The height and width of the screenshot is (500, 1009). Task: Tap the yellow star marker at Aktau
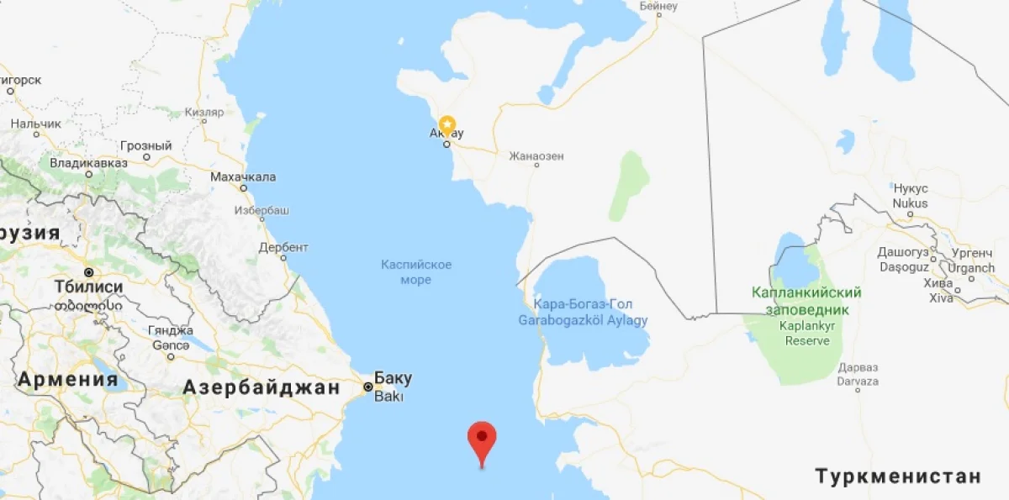pos(446,124)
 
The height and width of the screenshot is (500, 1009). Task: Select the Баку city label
pos(393,377)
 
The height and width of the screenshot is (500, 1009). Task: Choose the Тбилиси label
pos(88,287)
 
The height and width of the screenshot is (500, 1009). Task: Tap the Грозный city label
pos(145,145)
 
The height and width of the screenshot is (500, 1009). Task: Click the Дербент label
pos(283,247)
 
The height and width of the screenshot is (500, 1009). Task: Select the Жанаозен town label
pos(536,156)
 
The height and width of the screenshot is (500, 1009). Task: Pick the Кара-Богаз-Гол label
pos(583,303)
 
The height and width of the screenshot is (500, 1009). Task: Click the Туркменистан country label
pos(898,476)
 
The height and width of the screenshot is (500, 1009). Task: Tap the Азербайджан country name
pos(261,387)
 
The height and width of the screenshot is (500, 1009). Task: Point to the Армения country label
pos(68,378)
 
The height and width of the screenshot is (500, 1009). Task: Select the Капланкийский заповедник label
pos(806,301)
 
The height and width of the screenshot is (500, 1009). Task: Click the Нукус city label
pos(911,189)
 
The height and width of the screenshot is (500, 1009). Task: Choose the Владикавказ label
pos(88,162)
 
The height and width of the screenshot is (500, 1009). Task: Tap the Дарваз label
pos(858,368)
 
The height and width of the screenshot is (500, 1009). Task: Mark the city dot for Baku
pos(367,387)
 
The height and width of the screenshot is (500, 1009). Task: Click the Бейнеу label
pos(658,6)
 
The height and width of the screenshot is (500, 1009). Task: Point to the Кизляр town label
pos(204,112)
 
